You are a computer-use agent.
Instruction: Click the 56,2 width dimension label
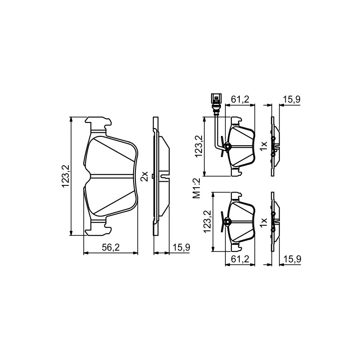pyautogui.click(x=111, y=247)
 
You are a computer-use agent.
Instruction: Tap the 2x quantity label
pyautogui.click(x=144, y=176)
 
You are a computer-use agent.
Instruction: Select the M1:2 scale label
pyautogui.click(x=197, y=188)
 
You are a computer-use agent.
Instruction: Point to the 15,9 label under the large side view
pyautogui.click(x=181, y=247)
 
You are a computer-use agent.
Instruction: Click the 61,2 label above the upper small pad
pyautogui.click(x=240, y=99)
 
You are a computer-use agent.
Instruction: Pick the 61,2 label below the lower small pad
pyautogui.click(x=240, y=259)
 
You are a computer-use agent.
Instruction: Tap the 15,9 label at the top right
pyautogui.click(x=292, y=99)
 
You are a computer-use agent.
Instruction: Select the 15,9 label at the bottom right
pyautogui.click(x=292, y=259)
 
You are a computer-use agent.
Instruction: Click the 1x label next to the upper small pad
pyautogui.click(x=264, y=146)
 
